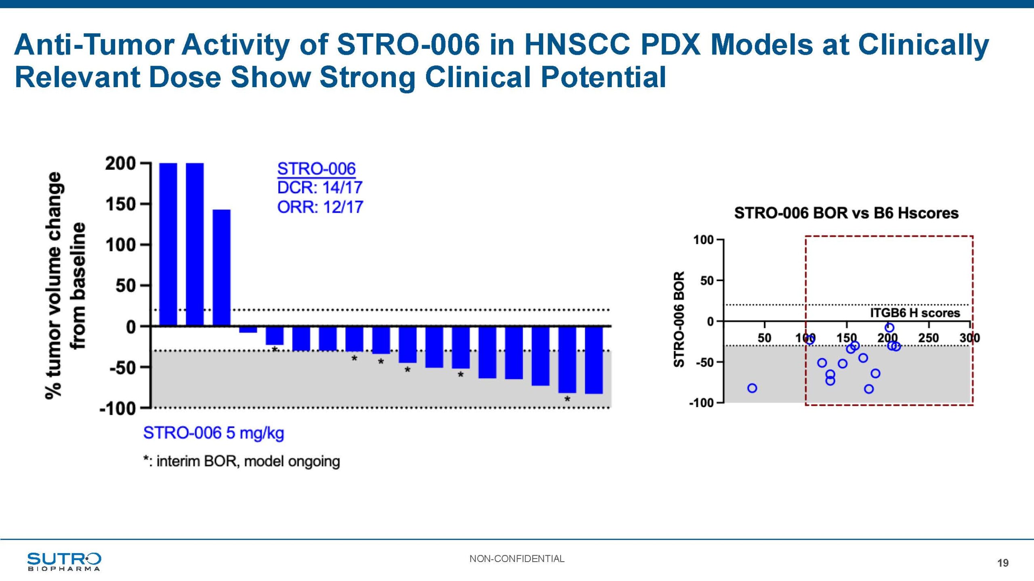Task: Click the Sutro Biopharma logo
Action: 64,561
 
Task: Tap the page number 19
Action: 1002,563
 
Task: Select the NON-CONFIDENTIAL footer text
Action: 517,559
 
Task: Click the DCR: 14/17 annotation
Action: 319,188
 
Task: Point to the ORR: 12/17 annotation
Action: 320,207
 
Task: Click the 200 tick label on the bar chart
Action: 120,164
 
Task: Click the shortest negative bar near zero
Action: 248,330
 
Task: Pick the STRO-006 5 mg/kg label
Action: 214,433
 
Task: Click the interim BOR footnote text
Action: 242,461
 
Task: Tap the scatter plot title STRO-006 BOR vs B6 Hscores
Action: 846,213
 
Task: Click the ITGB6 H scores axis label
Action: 914,313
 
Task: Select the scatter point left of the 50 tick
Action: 752,388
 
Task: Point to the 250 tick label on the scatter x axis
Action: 929,338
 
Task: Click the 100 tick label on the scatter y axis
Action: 703,240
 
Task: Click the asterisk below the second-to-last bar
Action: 567,399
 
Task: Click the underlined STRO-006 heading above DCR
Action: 316,169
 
